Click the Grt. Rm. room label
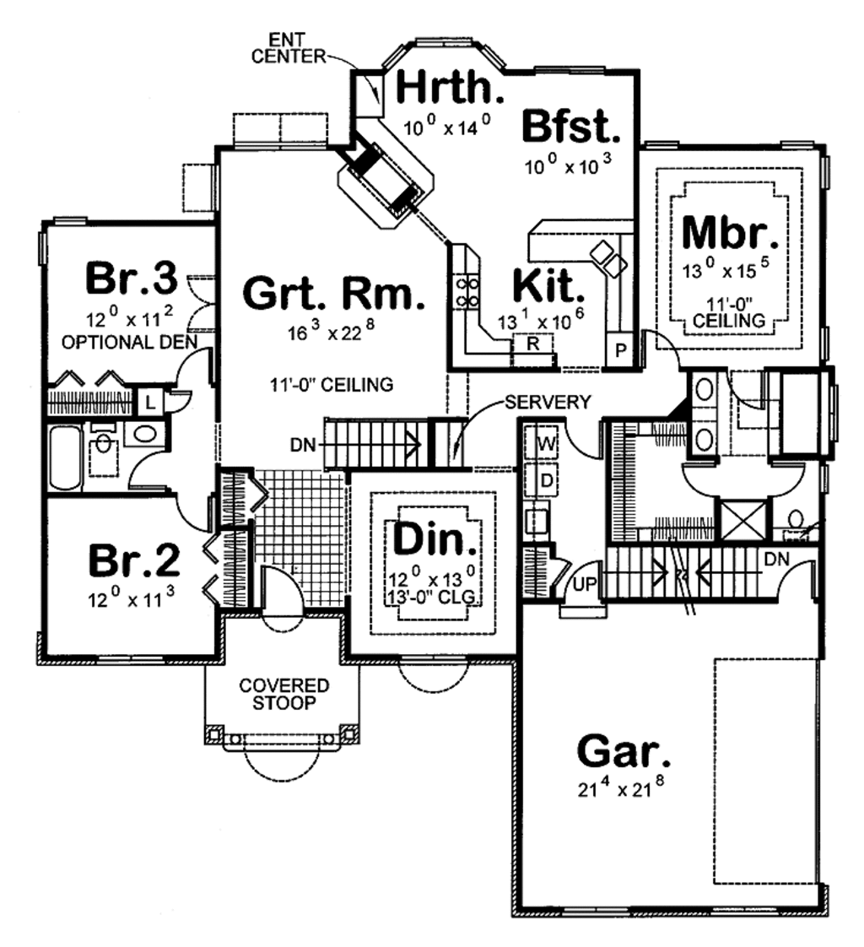(329, 293)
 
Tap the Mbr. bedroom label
(730, 233)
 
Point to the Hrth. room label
(451, 87)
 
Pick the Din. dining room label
(435, 540)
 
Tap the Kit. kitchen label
(548, 288)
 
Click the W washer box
(545, 441)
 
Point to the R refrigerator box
(533, 344)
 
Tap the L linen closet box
(149, 401)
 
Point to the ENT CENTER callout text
(296, 49)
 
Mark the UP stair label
(581, 582)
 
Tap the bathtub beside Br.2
(64, 457)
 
